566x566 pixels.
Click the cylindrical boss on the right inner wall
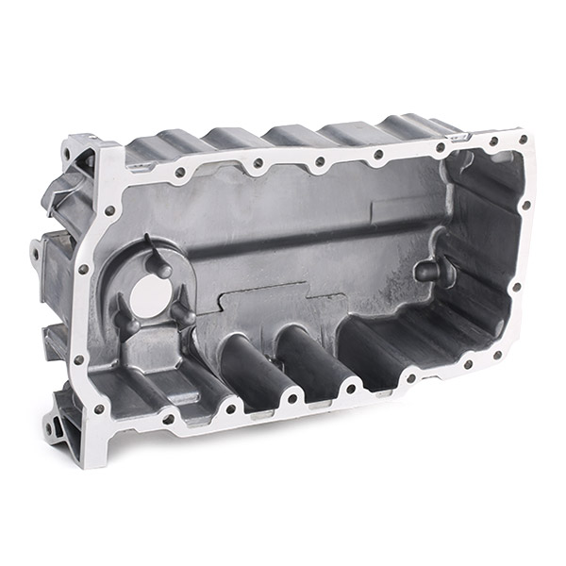(x=428, y=271)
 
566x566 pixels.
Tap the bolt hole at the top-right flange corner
(x=523, y=140)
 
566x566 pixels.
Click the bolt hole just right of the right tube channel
(x=350, y=387)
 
